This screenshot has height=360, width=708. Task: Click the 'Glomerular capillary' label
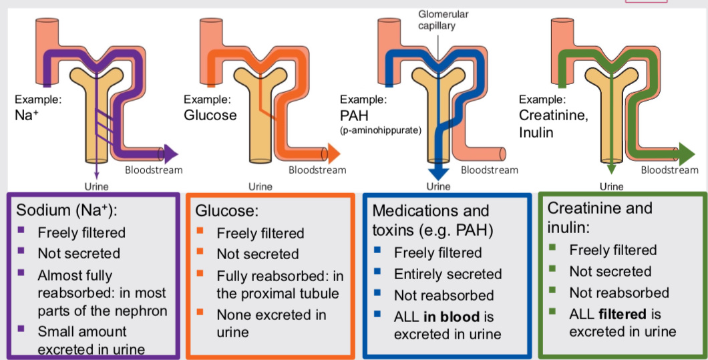pyautogui.click(x=434, y=20)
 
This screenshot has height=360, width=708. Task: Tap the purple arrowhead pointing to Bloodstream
pyautogui.click(x=171, y=154)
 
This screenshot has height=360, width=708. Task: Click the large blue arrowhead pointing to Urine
pyautogui.click(x=438, y=168)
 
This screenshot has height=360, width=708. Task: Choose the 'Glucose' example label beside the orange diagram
pyautogui.click(x=210, y=115)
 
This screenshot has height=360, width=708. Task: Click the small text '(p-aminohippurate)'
pyautogui.click(x=381, y=130)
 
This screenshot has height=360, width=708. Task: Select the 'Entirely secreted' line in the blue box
pyautogui.click(x=448, y=274)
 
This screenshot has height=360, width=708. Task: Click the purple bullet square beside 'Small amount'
pyautogui.click(x=21, y=329)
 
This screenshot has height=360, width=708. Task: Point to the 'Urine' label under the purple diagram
pyautogui.click(x=97, y=187)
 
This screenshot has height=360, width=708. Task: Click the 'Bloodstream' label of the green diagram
pyautogui.click(x=669, y=170)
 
